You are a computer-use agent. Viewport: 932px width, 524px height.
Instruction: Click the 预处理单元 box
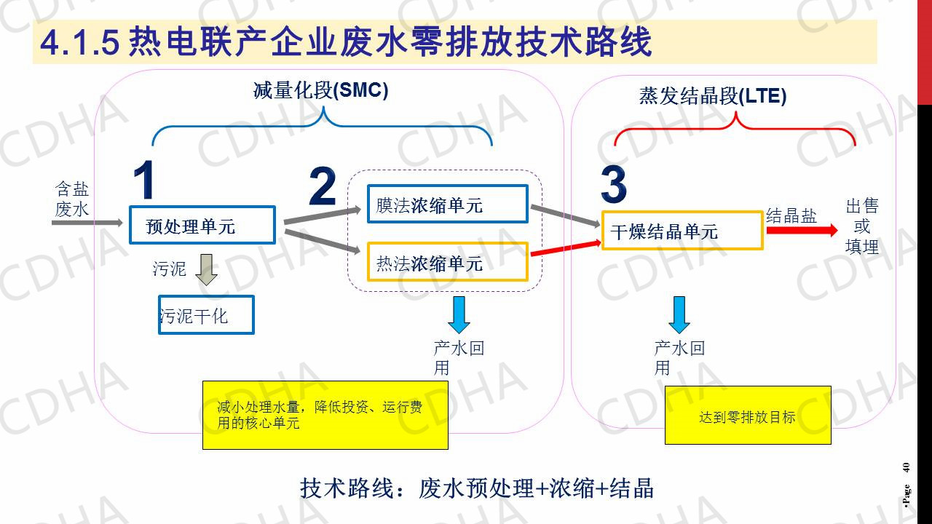[202, 225]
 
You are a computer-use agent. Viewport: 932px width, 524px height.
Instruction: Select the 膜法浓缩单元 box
[447, 204]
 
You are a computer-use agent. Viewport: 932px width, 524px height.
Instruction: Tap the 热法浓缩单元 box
[447, 261]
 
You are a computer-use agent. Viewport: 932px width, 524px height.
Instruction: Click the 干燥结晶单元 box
[682, 231]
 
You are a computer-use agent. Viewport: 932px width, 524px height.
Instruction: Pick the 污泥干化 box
[206, 315]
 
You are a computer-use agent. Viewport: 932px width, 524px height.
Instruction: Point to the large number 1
[145, 180]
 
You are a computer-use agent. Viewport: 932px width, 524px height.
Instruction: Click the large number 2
[323, 187]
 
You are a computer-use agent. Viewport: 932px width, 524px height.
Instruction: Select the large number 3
[614, 186]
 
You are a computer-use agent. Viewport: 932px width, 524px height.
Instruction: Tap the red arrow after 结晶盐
[801, 230]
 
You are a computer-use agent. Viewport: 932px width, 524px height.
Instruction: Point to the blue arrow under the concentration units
[459, 314]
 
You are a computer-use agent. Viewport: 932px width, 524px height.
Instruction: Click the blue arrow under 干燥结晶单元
[679, 314]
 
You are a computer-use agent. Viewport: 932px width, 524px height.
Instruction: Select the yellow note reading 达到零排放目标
[748, 416]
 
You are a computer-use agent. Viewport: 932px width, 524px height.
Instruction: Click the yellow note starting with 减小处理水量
[325, 415]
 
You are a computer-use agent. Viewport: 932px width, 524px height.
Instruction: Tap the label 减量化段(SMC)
[321, 90]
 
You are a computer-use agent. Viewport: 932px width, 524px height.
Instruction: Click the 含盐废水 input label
[72, 199]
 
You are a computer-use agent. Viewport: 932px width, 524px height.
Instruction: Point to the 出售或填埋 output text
[862, 226]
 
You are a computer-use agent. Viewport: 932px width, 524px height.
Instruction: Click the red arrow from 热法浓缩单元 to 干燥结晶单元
[565, 248]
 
